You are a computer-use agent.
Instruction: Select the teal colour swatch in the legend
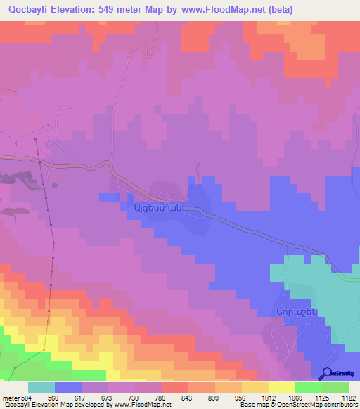point(41,387)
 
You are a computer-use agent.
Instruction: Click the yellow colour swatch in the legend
point(281,387)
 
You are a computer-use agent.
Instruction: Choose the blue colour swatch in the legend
point(67,387)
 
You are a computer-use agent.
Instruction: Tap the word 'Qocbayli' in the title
point(27,9)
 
